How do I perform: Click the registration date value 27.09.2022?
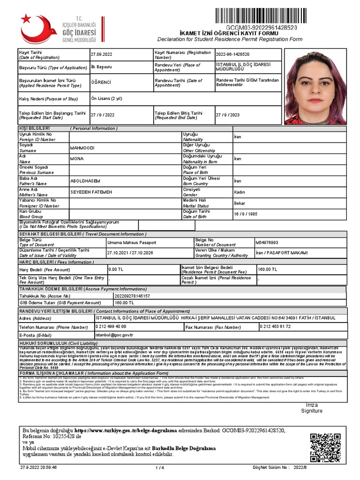102,54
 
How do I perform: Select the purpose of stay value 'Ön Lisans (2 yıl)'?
107,98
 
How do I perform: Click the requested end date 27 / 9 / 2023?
228,115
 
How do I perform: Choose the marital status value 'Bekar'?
240,203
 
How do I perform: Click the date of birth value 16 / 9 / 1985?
246,214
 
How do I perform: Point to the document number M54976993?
267,242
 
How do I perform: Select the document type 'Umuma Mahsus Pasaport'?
132,242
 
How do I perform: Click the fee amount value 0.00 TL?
116,270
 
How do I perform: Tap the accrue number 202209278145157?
122,296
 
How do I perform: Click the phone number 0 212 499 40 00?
111,326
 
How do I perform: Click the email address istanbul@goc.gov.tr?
114,335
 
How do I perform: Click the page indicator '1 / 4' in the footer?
159,468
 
